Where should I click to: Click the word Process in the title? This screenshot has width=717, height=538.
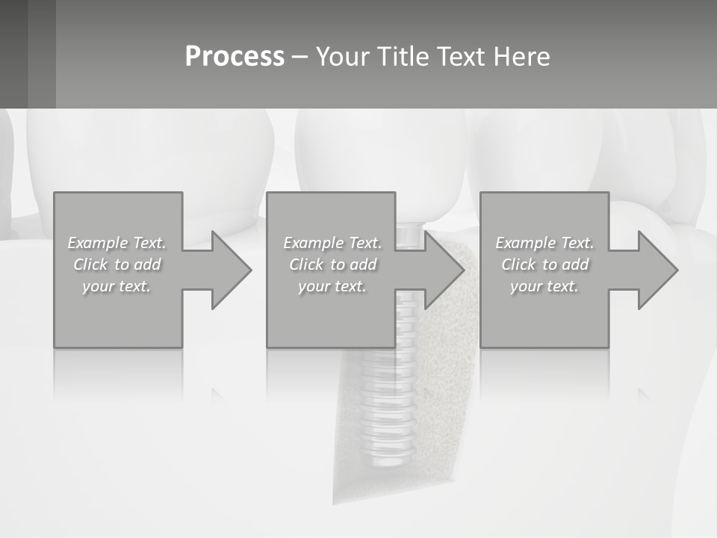(235, 57)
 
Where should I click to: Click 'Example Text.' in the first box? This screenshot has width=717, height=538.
(117, 243)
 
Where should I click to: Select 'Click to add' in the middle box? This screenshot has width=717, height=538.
(332, 265)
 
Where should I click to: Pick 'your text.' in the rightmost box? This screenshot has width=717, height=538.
(544, 286)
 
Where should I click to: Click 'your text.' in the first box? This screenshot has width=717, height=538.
(117, 286)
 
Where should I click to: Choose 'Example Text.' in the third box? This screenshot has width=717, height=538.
(544, 243)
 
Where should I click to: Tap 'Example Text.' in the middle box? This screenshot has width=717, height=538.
(332, 243)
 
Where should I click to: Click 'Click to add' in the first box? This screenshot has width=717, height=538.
(117, 265)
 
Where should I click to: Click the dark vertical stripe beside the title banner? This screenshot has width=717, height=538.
(42, 54)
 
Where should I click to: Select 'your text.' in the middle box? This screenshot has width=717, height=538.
(332, 286)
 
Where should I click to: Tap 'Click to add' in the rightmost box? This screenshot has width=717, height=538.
(544, 265)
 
